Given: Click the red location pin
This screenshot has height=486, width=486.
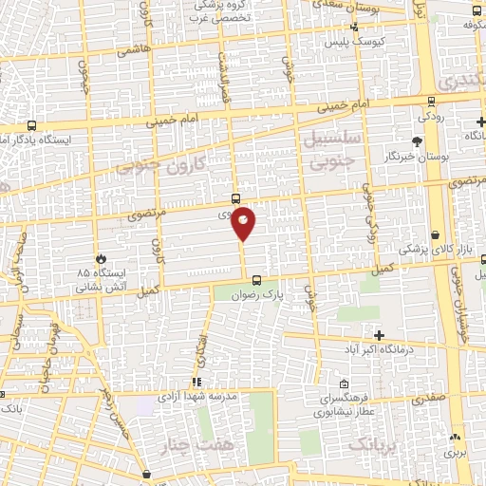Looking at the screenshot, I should coord(244,222).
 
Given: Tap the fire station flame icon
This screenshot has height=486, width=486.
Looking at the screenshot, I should coord(101,257).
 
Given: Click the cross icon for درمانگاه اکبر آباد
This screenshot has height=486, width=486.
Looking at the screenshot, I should coord(380,335).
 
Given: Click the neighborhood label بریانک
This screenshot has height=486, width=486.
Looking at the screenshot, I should coord(375,444).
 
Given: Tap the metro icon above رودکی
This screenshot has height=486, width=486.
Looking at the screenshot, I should coord(432,102).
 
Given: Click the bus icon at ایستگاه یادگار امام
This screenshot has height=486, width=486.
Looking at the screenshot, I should coord(32,125).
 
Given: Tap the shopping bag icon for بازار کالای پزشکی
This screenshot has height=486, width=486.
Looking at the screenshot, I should coord(435,234).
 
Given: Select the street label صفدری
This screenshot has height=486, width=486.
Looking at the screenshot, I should coord(427,401).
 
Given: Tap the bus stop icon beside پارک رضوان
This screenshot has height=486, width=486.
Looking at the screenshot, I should coord(256,279).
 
